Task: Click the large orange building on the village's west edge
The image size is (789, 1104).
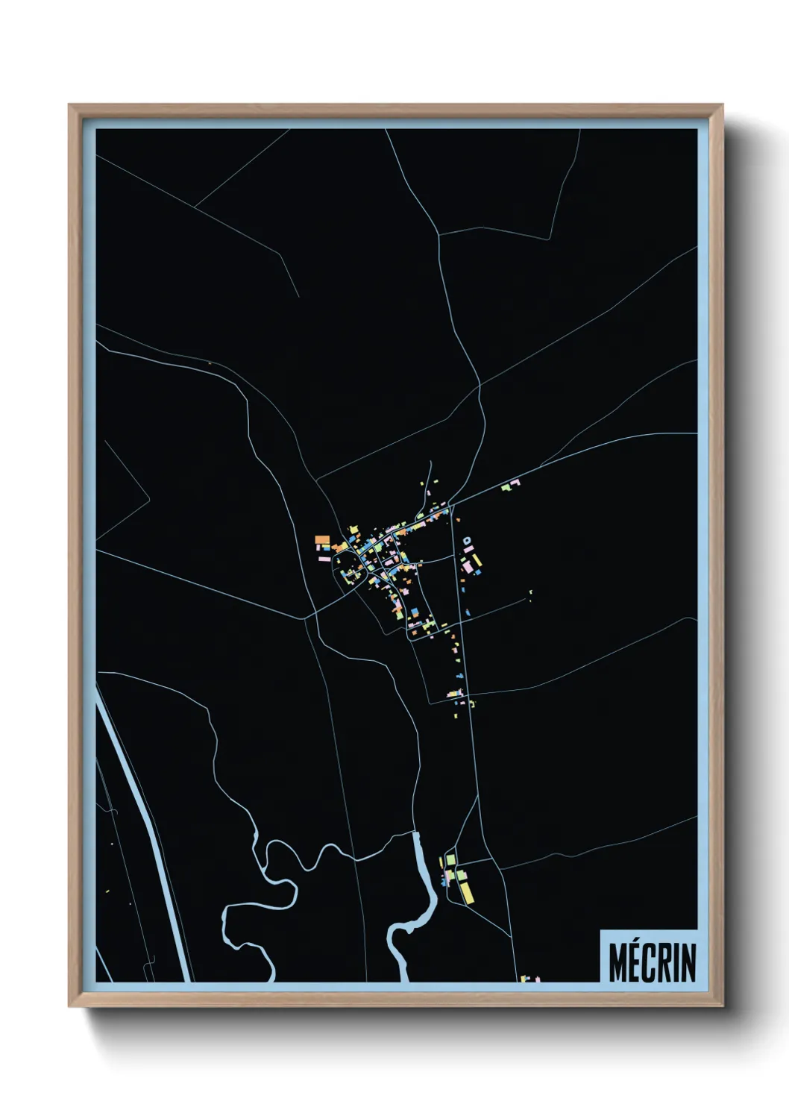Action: (322, 539)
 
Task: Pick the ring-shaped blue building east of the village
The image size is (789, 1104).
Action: (467, 539)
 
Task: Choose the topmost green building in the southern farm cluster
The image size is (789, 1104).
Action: (450, 861)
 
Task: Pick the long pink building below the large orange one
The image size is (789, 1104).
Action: (324, 556)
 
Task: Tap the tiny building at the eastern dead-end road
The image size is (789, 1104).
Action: (530, 594)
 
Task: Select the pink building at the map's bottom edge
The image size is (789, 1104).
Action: (525, 978)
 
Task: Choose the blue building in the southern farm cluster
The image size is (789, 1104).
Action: (446, 882)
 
